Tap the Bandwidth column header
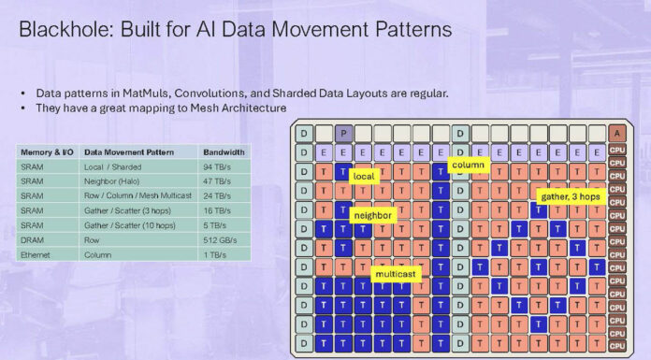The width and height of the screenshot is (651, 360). pyautogui.click(x=224, y=151)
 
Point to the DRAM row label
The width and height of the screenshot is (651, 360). pyautogui.click(x=33, y=240)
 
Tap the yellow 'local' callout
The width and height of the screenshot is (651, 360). pyautogui.click(x=364, y=175)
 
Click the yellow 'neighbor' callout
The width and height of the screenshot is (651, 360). pyautogui.click(x=372, y=215)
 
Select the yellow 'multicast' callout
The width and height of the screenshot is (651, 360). pyautogui.click(x=397, y=275)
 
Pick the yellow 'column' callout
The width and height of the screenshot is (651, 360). pyautogui.click(x=466, y=165)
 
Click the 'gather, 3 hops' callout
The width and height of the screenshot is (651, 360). pyautogui.click(x=570, y=196)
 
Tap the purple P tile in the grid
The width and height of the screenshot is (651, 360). pyautogui.click(x=343, y=134)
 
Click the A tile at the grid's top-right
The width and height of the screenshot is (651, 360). pyautogui.click(x=616, y=134)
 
